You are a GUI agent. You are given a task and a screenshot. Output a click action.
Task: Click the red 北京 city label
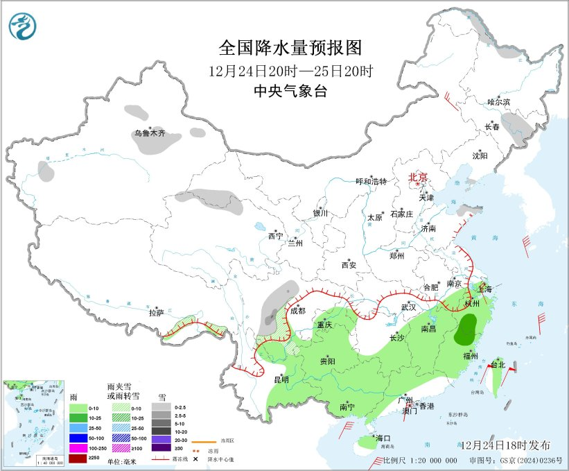pyautogui.click(x=418, y=177)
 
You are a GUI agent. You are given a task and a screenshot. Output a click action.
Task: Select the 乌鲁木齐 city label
pyautogui.click(x=150, y=133)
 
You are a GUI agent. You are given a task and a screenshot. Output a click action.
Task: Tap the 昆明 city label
pyautogui.click(x=281, y=379)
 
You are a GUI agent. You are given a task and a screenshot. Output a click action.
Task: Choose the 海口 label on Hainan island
pyautogui.click(x=383, y=438)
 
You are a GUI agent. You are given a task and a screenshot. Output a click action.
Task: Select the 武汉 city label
pyautogui.click(x=408, y=307)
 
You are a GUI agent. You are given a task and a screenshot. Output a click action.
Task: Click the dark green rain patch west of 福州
pyautogui.click(x=469, y=329)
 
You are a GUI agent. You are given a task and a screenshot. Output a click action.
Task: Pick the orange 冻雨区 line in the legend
pyautogui.click(x=201, y=441)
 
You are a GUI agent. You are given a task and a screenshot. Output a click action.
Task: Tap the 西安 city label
pyautogui.click(x=349, y=265)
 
